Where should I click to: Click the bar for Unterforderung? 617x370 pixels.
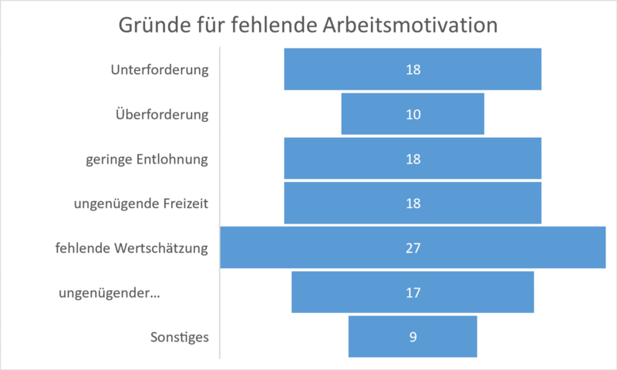click(413, 69)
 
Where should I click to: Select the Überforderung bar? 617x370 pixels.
click(413, 114)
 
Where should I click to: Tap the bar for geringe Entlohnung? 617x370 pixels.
click(413, 159)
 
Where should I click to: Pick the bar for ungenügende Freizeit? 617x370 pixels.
click(413, 203)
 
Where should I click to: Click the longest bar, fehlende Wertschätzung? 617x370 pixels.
click(413, 247)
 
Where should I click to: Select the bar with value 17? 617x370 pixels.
click(413, 292)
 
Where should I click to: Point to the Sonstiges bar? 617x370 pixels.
click(413, 337)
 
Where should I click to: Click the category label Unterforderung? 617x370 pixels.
click(160, 70)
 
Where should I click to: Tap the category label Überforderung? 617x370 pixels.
click(162, 114)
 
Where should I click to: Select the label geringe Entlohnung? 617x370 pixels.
click(147, 160)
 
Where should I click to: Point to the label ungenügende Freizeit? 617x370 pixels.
click(141, 204)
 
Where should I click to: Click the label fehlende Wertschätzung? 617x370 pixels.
click(131, 248)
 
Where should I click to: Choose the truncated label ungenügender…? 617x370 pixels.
click(110, 294)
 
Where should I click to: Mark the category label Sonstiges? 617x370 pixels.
click(180, 338)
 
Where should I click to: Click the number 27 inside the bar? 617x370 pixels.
click(413, 248)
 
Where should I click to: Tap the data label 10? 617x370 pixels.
click(413, 114)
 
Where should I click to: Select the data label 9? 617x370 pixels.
click(413, 337)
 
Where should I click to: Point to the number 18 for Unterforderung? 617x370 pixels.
click(413, 69)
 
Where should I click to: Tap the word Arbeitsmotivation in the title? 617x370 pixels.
click(410, 25)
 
